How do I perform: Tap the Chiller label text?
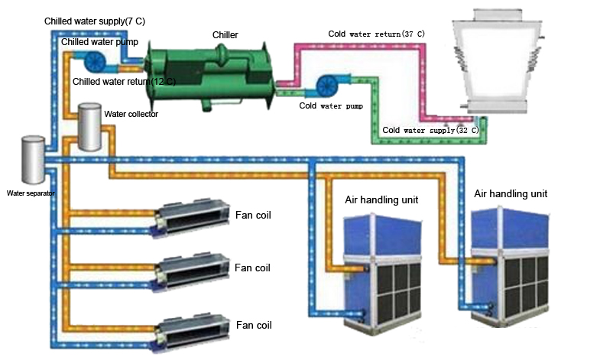pos(225,34)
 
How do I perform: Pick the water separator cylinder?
pos(33,159)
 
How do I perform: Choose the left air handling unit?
pos(381,263)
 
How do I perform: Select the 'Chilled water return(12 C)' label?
pos(124,80)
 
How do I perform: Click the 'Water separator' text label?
pos(31,194)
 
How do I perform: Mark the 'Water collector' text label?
pos(131,115)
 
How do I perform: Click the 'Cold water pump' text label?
pos(330,105)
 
